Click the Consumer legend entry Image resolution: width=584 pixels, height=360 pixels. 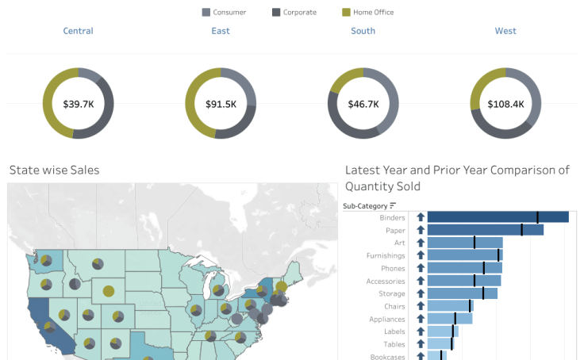pos(224,12)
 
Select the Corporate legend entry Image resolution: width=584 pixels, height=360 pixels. pos(294,12)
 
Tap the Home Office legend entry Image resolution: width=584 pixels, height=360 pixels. pos(367,12)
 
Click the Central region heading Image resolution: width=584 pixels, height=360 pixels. pos(78,31)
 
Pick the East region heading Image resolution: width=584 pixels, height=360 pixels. pos(221,31)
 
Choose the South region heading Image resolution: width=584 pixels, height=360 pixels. pos(363,31)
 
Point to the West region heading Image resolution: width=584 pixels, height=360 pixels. pos(505,31)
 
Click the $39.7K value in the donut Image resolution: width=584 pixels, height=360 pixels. pos(78,104)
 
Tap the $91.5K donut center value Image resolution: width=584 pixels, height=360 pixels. pos(221,104)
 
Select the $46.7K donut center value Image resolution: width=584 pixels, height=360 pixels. pos(363,104)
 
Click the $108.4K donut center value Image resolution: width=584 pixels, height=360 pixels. pos(505,104)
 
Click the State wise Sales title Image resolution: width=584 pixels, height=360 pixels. pos(54,170)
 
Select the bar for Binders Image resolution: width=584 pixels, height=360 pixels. pos(498,217)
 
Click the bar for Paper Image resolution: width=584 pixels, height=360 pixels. pos(485,230)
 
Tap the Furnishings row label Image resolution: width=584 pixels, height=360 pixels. pos(386,255)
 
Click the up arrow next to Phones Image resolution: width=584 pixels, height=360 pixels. pos(421,268)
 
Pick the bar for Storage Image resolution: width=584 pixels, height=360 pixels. pos(462,293)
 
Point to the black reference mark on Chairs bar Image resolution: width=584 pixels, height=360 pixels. pos(470,306)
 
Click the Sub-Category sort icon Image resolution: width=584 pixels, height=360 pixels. pos(393,206)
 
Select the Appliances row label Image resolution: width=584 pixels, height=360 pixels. pos(386,319)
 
